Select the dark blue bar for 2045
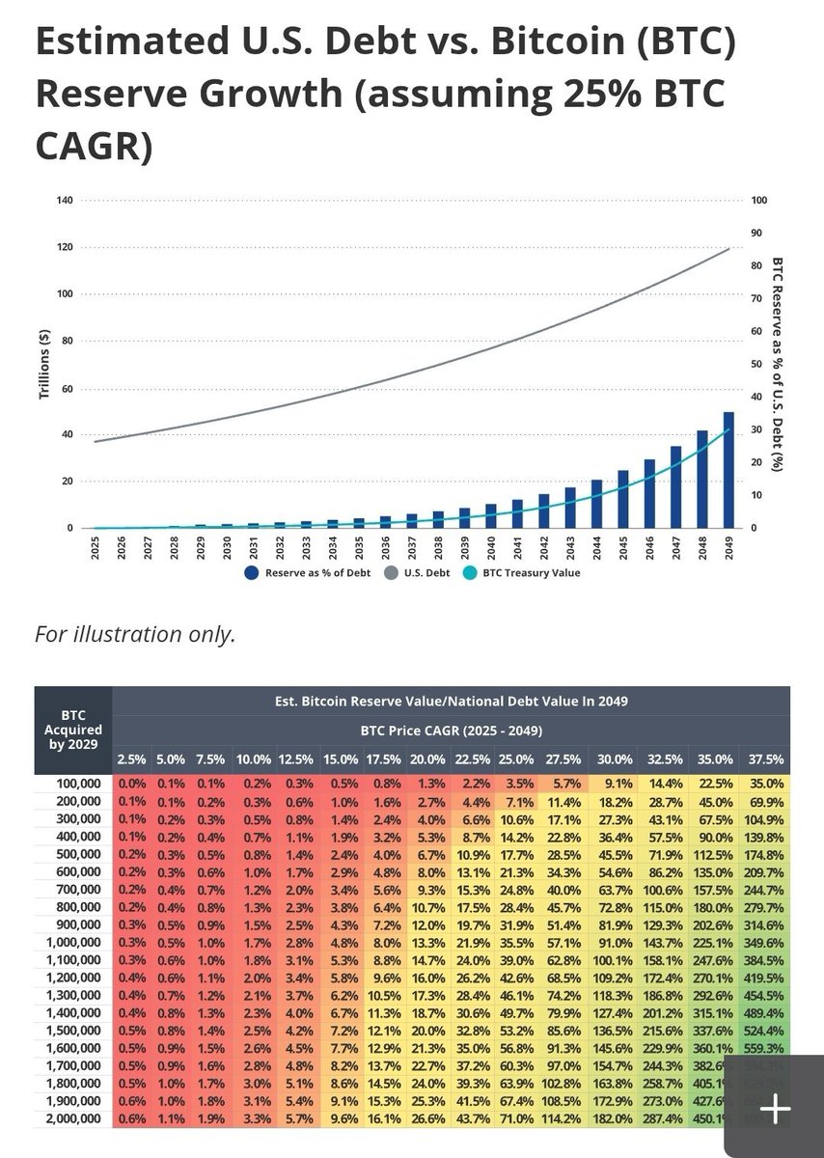click(x=622, y=499)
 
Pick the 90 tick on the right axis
click(x=755, y=233)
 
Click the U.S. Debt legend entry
click(x=416, y=572)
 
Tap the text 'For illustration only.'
click(x=135, y=635)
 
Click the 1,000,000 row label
click(x=73, y=943)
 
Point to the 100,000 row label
click(x=76, y=786)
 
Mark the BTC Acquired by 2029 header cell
click(x=73, y=730)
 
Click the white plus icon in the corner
click(x=775, y=1107)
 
